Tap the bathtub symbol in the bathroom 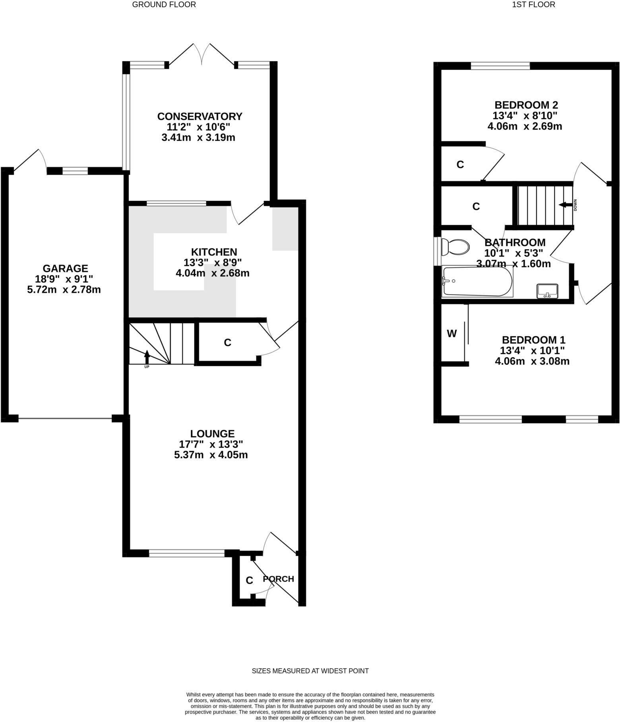click(477, 281)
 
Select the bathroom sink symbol click(547, 291)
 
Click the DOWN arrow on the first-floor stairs click(565, 205)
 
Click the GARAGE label click(65, 268)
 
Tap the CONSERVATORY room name click(200, 116)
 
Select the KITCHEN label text click(214, 252)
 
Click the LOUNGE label click(212, 434)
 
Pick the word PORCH click(279, 579)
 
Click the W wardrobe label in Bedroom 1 click(452, 334)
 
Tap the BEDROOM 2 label click(526, 105)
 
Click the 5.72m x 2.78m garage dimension click(64, 290)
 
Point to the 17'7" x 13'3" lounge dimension click(211, 444)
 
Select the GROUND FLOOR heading click(164, 5)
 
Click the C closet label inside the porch click(249, 580)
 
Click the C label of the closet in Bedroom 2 click(460, 165)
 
